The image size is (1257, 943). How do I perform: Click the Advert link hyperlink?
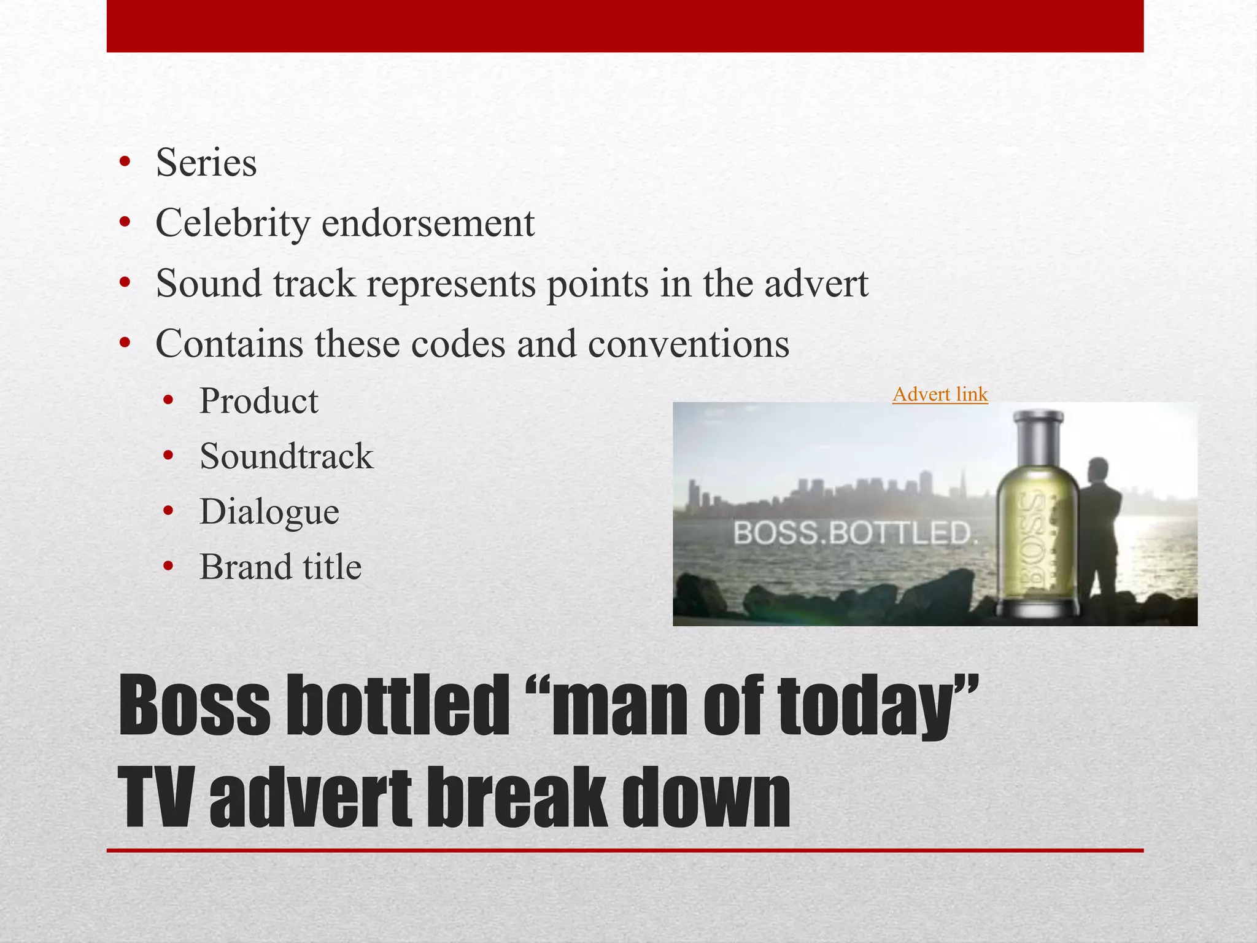click(940, 394)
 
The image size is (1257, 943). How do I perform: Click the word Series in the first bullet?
click(206, 163)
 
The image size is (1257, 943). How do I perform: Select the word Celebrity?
click(233, 223)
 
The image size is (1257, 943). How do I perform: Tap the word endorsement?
click(428, 223)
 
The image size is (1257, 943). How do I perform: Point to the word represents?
click(451, 284)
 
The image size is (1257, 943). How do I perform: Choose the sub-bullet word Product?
click(258, 402)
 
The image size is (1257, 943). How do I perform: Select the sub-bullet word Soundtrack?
click(286, 457)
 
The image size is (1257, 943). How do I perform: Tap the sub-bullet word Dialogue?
click(269, 512)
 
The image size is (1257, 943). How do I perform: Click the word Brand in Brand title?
click(241, 567)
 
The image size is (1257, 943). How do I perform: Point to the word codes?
click(457, 344)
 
